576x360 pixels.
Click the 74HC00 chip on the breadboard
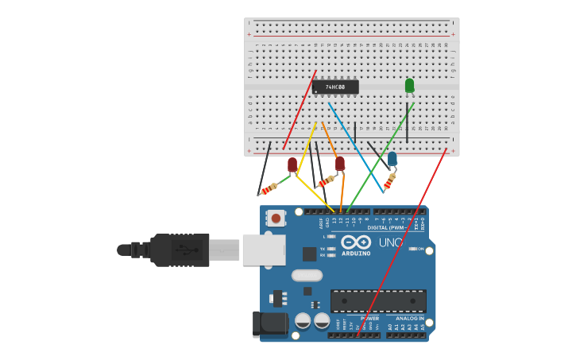335,87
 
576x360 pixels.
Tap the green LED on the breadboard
409,85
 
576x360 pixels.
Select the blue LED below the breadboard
392,159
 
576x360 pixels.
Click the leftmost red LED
292,165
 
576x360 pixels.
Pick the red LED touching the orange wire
340,163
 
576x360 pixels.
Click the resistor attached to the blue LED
389,183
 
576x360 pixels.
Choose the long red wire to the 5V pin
405,238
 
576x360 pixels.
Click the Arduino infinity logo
356,242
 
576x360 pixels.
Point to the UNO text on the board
390,242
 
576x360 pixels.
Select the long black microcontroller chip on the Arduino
378,300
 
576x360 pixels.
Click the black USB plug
180,250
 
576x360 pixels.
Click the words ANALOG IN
409,318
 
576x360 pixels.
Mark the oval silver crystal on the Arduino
307,276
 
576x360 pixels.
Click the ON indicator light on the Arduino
412,249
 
